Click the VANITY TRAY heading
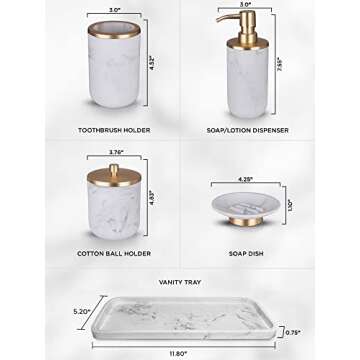click(180, 282)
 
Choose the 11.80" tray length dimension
click(181, 351)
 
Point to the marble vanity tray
click(190, 318)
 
